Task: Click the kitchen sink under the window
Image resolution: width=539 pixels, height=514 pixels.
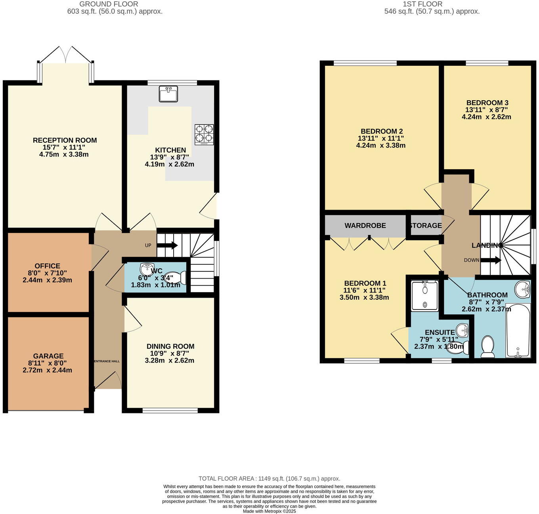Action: (x=168, y=94)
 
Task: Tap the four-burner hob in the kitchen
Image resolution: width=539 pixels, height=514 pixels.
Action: (x=204, y=134)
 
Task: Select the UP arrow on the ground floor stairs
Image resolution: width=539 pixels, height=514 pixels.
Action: (x=167, y=245)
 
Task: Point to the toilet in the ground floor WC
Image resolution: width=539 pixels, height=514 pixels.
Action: (x=178, y=277)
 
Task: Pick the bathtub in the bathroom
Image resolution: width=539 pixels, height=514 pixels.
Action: (x=518, y=331)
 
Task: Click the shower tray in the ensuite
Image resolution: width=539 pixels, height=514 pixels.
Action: (x=424, y=296)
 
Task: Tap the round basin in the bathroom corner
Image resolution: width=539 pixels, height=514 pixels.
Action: (x=523, y=289)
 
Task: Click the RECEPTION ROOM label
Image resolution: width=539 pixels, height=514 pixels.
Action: (x=65, y=140)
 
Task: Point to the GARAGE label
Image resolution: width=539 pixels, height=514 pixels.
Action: (x=48, y=356)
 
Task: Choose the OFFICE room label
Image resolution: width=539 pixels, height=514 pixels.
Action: (x=48, y=266)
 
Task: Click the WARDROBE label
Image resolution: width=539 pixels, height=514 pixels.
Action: (x=365, y=225)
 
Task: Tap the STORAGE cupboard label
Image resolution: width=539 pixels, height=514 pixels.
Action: (x=426, y=225)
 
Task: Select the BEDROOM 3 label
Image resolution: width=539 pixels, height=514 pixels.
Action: (x=487, y=103)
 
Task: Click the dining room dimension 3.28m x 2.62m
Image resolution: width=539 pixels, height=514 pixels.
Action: (x=170, y=361)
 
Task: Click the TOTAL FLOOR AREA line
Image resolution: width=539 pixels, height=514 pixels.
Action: (x=269, y=478)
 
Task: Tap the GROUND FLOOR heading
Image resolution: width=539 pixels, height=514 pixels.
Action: (x=109, y=4)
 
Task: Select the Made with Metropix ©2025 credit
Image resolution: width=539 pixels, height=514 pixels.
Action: (x=269, y=511)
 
